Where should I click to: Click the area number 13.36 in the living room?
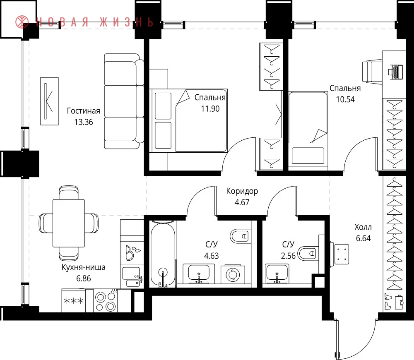(x=84, y=122)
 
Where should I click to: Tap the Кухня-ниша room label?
(x=84, y=267)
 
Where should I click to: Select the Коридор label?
(x=242, y=191)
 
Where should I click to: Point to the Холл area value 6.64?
(x=363, y=238)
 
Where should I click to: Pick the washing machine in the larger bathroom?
(x=233, y=274)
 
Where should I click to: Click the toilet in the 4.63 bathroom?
(x=240, y=236)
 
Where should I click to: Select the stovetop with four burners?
(x=106, y=300)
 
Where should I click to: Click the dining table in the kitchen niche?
(x=69, y=223)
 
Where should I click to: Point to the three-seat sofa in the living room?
(x=124, y=101)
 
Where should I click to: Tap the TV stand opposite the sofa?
(x=49, y=101)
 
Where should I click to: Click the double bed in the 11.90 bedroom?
(x=188, y=120)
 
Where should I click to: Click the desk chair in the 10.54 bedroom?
(x=372, y=72)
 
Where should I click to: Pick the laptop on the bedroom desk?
(x=395, y=72)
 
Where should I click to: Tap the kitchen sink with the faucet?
(x=132, y=277)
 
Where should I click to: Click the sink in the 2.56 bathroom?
(x=277, y=274)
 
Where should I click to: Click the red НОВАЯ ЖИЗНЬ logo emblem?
(x=22, y=22)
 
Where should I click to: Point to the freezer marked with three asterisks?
(x=74, y=300)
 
